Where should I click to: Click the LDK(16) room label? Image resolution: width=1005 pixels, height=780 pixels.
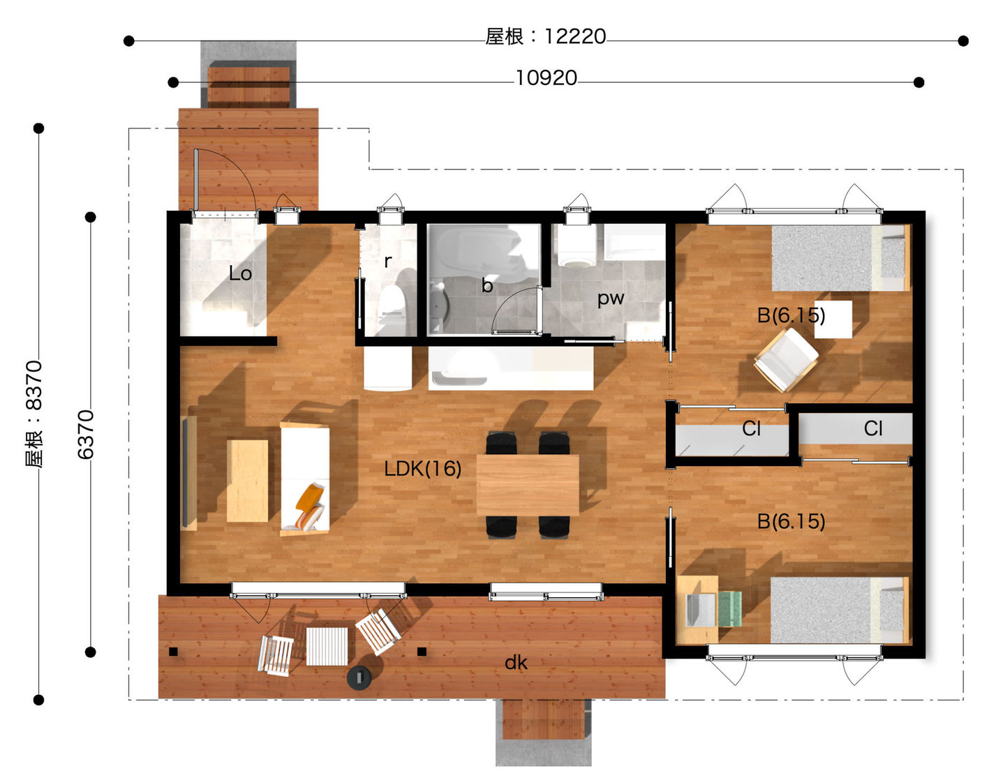(422, 469)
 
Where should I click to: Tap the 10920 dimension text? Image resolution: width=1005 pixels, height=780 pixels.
(546, 78)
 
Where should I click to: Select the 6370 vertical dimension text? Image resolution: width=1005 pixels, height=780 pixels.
(86, 434)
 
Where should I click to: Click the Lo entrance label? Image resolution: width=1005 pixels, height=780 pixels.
(240, 273)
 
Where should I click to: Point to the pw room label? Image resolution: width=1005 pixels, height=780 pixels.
(611, 299)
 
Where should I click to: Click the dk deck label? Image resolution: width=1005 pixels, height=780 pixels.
(516, 663)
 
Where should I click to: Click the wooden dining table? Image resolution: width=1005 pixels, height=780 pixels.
(528, 485)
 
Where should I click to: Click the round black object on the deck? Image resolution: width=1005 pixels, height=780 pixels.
(359, 678)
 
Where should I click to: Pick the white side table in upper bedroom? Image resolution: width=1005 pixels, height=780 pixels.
(833, 320)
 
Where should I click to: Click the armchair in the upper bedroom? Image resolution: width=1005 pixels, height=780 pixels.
(786, 360)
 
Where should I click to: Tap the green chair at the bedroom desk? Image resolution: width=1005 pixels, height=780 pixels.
(729, 609)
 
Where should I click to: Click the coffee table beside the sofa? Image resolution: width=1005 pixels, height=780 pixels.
(248, 481)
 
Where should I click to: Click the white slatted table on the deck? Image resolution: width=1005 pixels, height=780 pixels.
(327, 646)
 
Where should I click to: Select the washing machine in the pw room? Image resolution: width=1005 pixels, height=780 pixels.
(576, 246)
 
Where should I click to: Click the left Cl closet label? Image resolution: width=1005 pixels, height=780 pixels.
(751, 429)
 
